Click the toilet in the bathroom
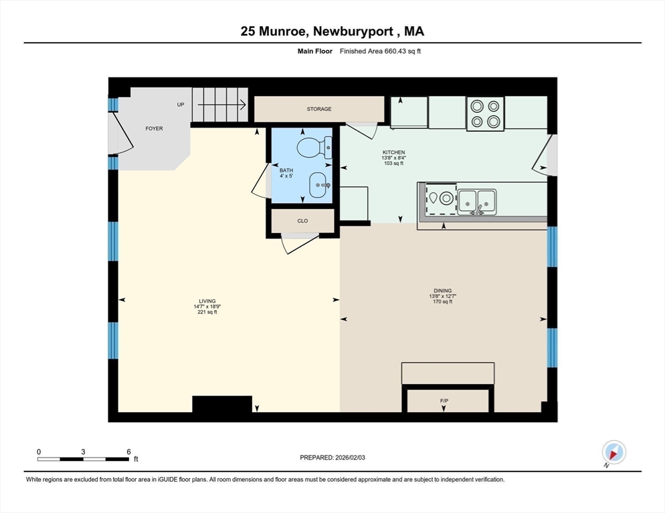click(x=314, y=147)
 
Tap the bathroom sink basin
click(x=320, y=185)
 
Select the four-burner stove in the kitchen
click(x=485, y=114)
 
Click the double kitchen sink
click(x=477, y=202)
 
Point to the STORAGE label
click(x=319, y=109)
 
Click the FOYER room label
click(x=154, y=128)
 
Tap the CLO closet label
click(x=302, y=220)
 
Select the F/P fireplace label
click(x=444, y=401)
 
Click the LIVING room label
click(x=207, y=301)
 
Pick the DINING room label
click(x=443, y=291)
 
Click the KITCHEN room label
click(x=393, y=152)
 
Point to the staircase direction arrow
click(x=222, y=104)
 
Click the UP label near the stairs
click(x=181, y=105)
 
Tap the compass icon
click(x=613, y=453)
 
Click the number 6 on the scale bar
click(x=128, y=452)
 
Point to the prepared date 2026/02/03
click(x=350, y=458)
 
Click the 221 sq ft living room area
click(x=207, y=312)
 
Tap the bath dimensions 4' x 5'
click(x=286, y=176)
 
